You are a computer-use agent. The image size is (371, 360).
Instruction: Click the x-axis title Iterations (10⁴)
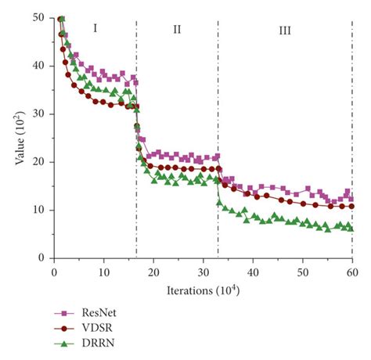[x=203, y=288]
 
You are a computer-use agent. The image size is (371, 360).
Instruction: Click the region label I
[x=95, y=29]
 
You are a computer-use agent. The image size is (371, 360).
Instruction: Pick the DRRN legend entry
[x=89, y=344]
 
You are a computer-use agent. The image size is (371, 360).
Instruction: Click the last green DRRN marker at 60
[x=351, y=229]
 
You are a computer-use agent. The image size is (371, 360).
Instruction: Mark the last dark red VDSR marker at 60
[x=351, y=207]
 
